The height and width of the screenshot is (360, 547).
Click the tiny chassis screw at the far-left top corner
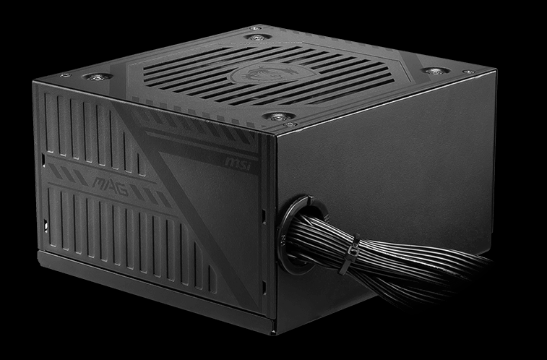click(64, 74)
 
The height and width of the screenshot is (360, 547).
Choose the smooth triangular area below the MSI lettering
click(231, 217)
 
